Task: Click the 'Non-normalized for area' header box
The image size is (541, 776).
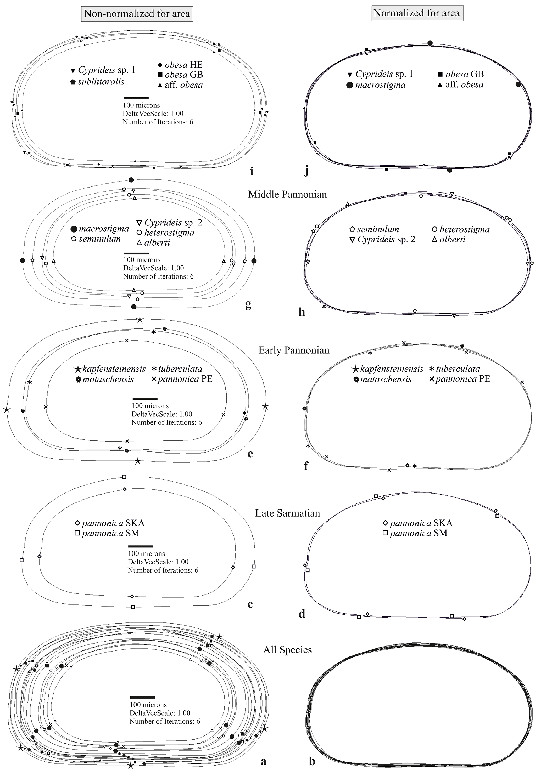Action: [137, 14]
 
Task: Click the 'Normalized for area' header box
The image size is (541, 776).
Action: [417, 13]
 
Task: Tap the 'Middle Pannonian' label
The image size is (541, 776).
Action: [287, 194]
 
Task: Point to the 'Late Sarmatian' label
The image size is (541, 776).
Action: [287, 513]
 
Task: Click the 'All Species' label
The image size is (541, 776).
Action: [287, 650]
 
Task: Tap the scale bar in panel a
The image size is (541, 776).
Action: [142, 697]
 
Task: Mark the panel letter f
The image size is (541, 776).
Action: [306, 466]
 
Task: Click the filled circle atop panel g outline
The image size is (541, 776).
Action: [131, 179]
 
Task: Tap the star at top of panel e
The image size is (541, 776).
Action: [140, 320]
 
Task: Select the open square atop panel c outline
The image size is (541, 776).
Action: [124, 477]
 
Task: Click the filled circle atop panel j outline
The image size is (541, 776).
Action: [430, 43]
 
